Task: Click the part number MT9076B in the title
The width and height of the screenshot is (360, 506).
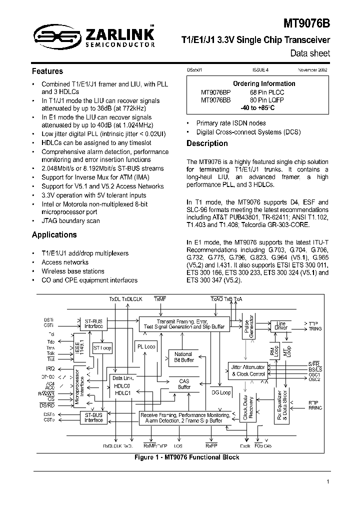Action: click(306, 23)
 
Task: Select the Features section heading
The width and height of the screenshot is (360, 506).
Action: click(47, 71)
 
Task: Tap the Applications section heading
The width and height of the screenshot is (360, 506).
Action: click(54, 234)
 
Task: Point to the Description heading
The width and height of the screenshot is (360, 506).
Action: click(207, 143)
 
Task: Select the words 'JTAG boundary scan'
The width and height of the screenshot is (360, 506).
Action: click(70, 220)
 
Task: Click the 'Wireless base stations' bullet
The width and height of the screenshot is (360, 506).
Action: click(73, 271)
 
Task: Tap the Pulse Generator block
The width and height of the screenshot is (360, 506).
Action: click(249, 328)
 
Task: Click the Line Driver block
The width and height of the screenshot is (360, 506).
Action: click(281, 325)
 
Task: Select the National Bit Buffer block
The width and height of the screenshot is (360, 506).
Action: click(183, 357)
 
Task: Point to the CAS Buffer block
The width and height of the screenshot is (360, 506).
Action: click(184, 384)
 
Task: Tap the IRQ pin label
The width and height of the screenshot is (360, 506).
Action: click(50, 368)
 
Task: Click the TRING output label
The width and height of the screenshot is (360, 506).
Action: click(315, 329)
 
